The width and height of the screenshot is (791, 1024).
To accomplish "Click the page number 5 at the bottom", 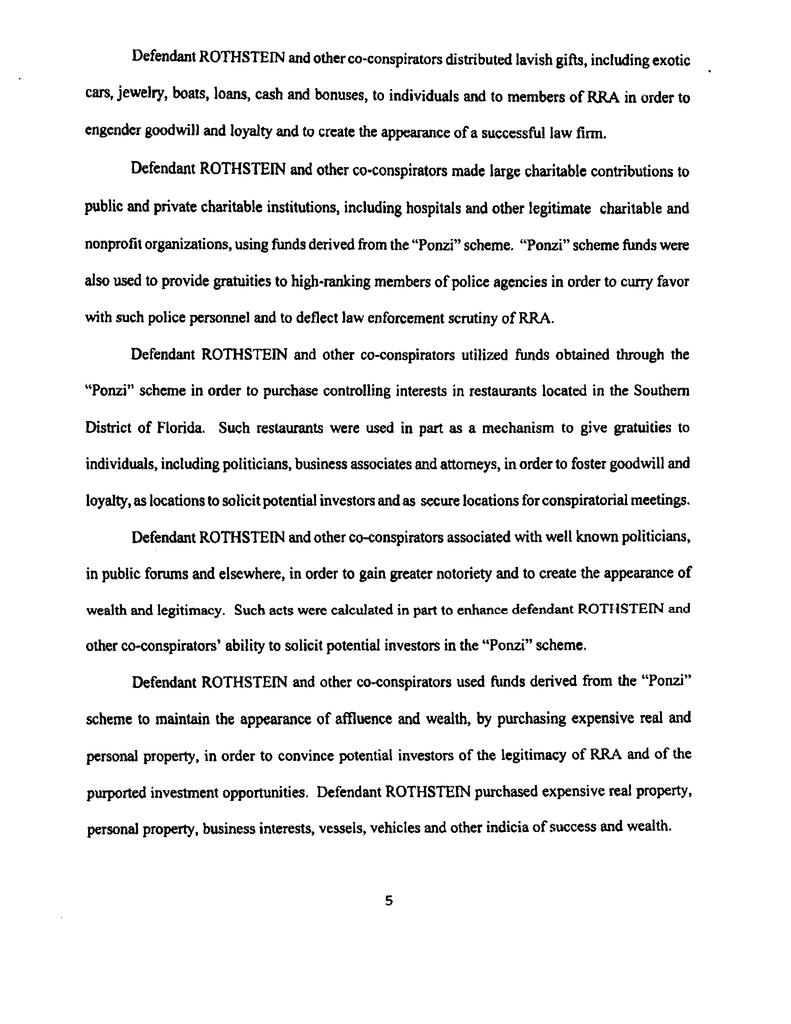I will pos(388,900).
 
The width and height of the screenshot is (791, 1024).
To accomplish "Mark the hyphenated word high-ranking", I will pos(331,281).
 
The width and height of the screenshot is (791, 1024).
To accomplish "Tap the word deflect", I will pos(316,318).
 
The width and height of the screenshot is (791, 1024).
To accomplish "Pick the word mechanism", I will pos(518,428).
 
